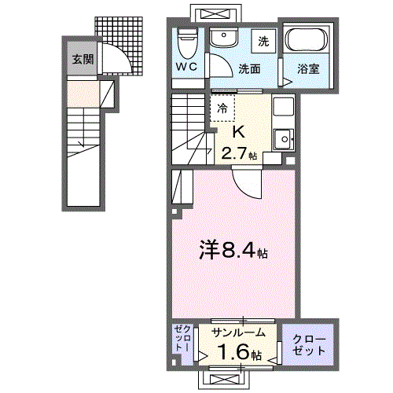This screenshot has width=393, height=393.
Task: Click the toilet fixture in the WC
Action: (186, 39)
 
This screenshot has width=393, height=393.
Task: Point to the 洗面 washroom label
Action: (250, 68)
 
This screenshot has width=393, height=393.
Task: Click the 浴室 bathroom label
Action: (308, 68)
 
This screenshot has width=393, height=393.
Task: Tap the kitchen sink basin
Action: (281, 138)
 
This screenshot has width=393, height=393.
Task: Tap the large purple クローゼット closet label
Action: (309, 344)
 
